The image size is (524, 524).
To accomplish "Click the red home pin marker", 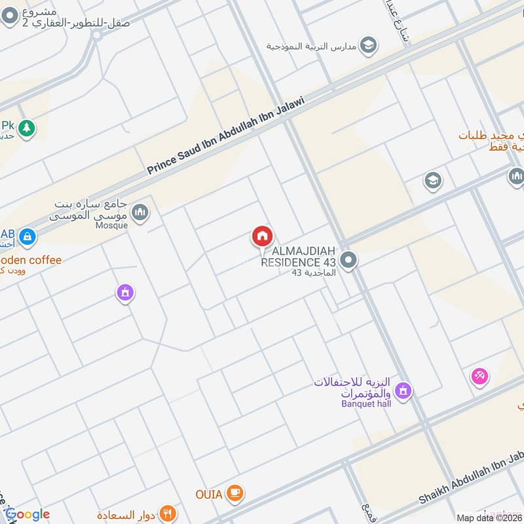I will click(x=263, y=236).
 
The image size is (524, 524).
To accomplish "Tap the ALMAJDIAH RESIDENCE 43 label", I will click(x=298, y=257).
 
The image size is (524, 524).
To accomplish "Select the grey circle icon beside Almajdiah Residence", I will click(x=349, y=261).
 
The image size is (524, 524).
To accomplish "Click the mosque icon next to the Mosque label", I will click(x=140, y=212).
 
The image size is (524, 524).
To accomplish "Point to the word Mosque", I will click(x=111, y=224).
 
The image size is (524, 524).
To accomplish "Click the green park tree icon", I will click(x=27, y=128).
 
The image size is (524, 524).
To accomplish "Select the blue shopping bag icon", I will click(x=28, y=236).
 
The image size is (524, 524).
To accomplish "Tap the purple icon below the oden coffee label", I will click(x=125, y=293).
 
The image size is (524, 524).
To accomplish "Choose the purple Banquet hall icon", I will click(x=403, y=392).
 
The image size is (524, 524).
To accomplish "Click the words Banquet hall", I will click(x=365, y=403).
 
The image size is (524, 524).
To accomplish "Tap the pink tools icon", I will click(x=479, y=376).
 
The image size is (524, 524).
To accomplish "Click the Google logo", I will click(x=28, y=514).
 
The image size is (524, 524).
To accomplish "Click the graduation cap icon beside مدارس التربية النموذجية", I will click(x=369, y=45).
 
